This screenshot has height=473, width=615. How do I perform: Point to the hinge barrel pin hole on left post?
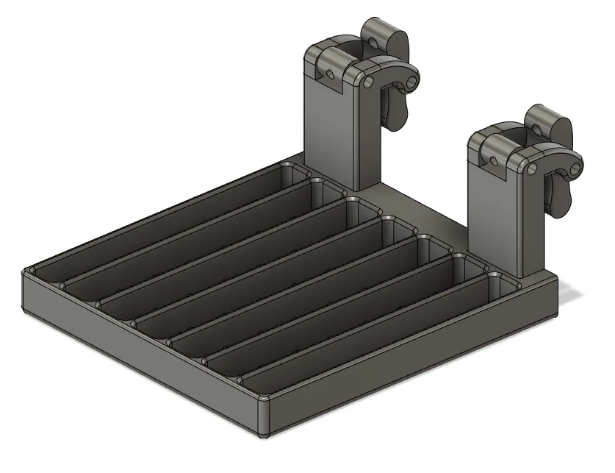click(331, 74)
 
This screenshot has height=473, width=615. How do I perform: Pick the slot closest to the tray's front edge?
click(367, 331)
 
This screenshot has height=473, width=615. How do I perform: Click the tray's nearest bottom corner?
click(264, 434)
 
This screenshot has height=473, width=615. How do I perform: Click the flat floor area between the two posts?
click(426, 210)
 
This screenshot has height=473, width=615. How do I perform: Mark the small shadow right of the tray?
click(573, 295)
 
